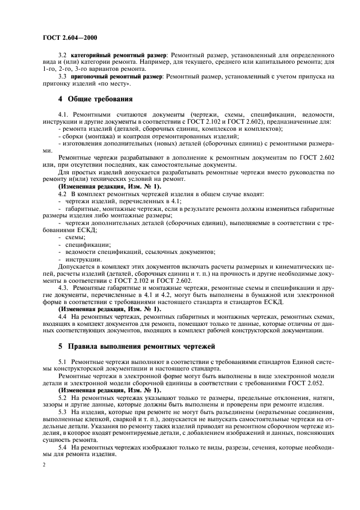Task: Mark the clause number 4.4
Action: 62,316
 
